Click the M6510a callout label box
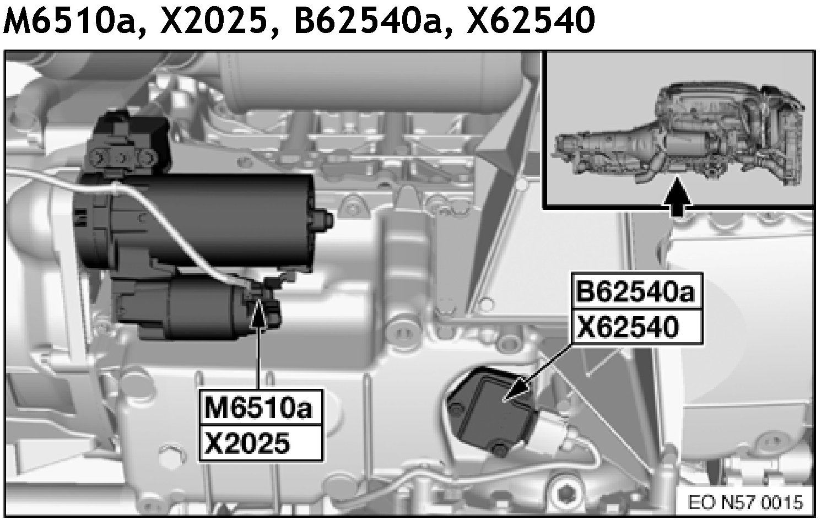pyautogui.click(x=261, y=408)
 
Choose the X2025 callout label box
pyautogui.click(x=261, y=443)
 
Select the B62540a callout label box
pyautogui.click(x=637, y=292)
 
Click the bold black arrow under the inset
pyautogui.click(x=677, y=197)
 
